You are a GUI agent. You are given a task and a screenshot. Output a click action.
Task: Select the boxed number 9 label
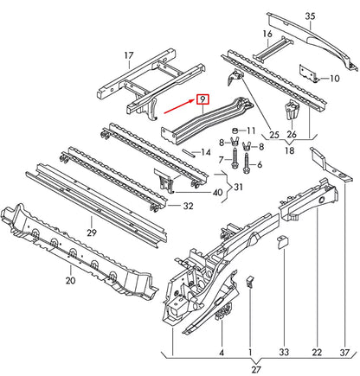[202, 99]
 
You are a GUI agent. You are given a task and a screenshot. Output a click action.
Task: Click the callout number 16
[267, 35]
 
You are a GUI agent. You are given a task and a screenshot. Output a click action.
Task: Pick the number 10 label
[334, 78]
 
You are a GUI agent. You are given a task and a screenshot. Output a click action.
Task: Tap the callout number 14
[205, 152]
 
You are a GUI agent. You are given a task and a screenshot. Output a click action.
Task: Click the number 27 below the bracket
[254, 368]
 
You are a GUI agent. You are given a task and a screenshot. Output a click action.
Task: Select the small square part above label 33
[282, 244]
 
